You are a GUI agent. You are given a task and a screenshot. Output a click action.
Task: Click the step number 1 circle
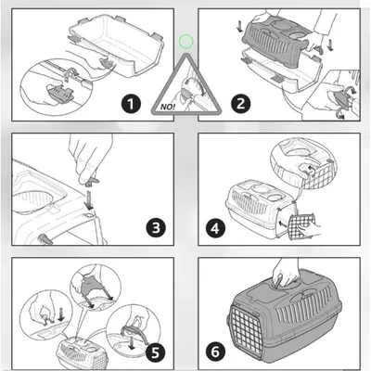pyautogui.click(x=131, y=104)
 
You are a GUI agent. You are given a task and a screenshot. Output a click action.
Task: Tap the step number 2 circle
pyautogui.click(x=241, y=104)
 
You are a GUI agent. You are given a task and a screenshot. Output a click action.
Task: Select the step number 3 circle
pyautogui.click(x=156, y=228)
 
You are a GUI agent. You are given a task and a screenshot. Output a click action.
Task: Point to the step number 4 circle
pyautogui.click(x=215, y=229)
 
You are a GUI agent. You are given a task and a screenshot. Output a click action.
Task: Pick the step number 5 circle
pyautogui.click(x=156, y=352)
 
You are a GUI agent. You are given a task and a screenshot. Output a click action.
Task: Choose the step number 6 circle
pyautogui.click(x=215, y=352)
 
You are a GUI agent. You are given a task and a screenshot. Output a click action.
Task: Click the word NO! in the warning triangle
pyautogui.click(x=168, y=108)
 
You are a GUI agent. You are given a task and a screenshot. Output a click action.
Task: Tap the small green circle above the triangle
pyautogui.click(x=185, y=42)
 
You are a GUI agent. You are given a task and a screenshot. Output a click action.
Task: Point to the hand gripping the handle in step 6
pyautogui.click(x=286, y=272)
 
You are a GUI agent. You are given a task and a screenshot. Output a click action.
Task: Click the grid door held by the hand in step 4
pyautogui.click(x=301, y=227)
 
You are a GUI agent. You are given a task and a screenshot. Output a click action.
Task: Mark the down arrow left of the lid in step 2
pyautogui.click(x=239, y=26)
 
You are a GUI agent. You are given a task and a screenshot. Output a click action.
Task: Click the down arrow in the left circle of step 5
pyautogui.click(x=61, y=314)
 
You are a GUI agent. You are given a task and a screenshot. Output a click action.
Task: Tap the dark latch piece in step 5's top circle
pyautogui.click(x=91, y=284)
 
